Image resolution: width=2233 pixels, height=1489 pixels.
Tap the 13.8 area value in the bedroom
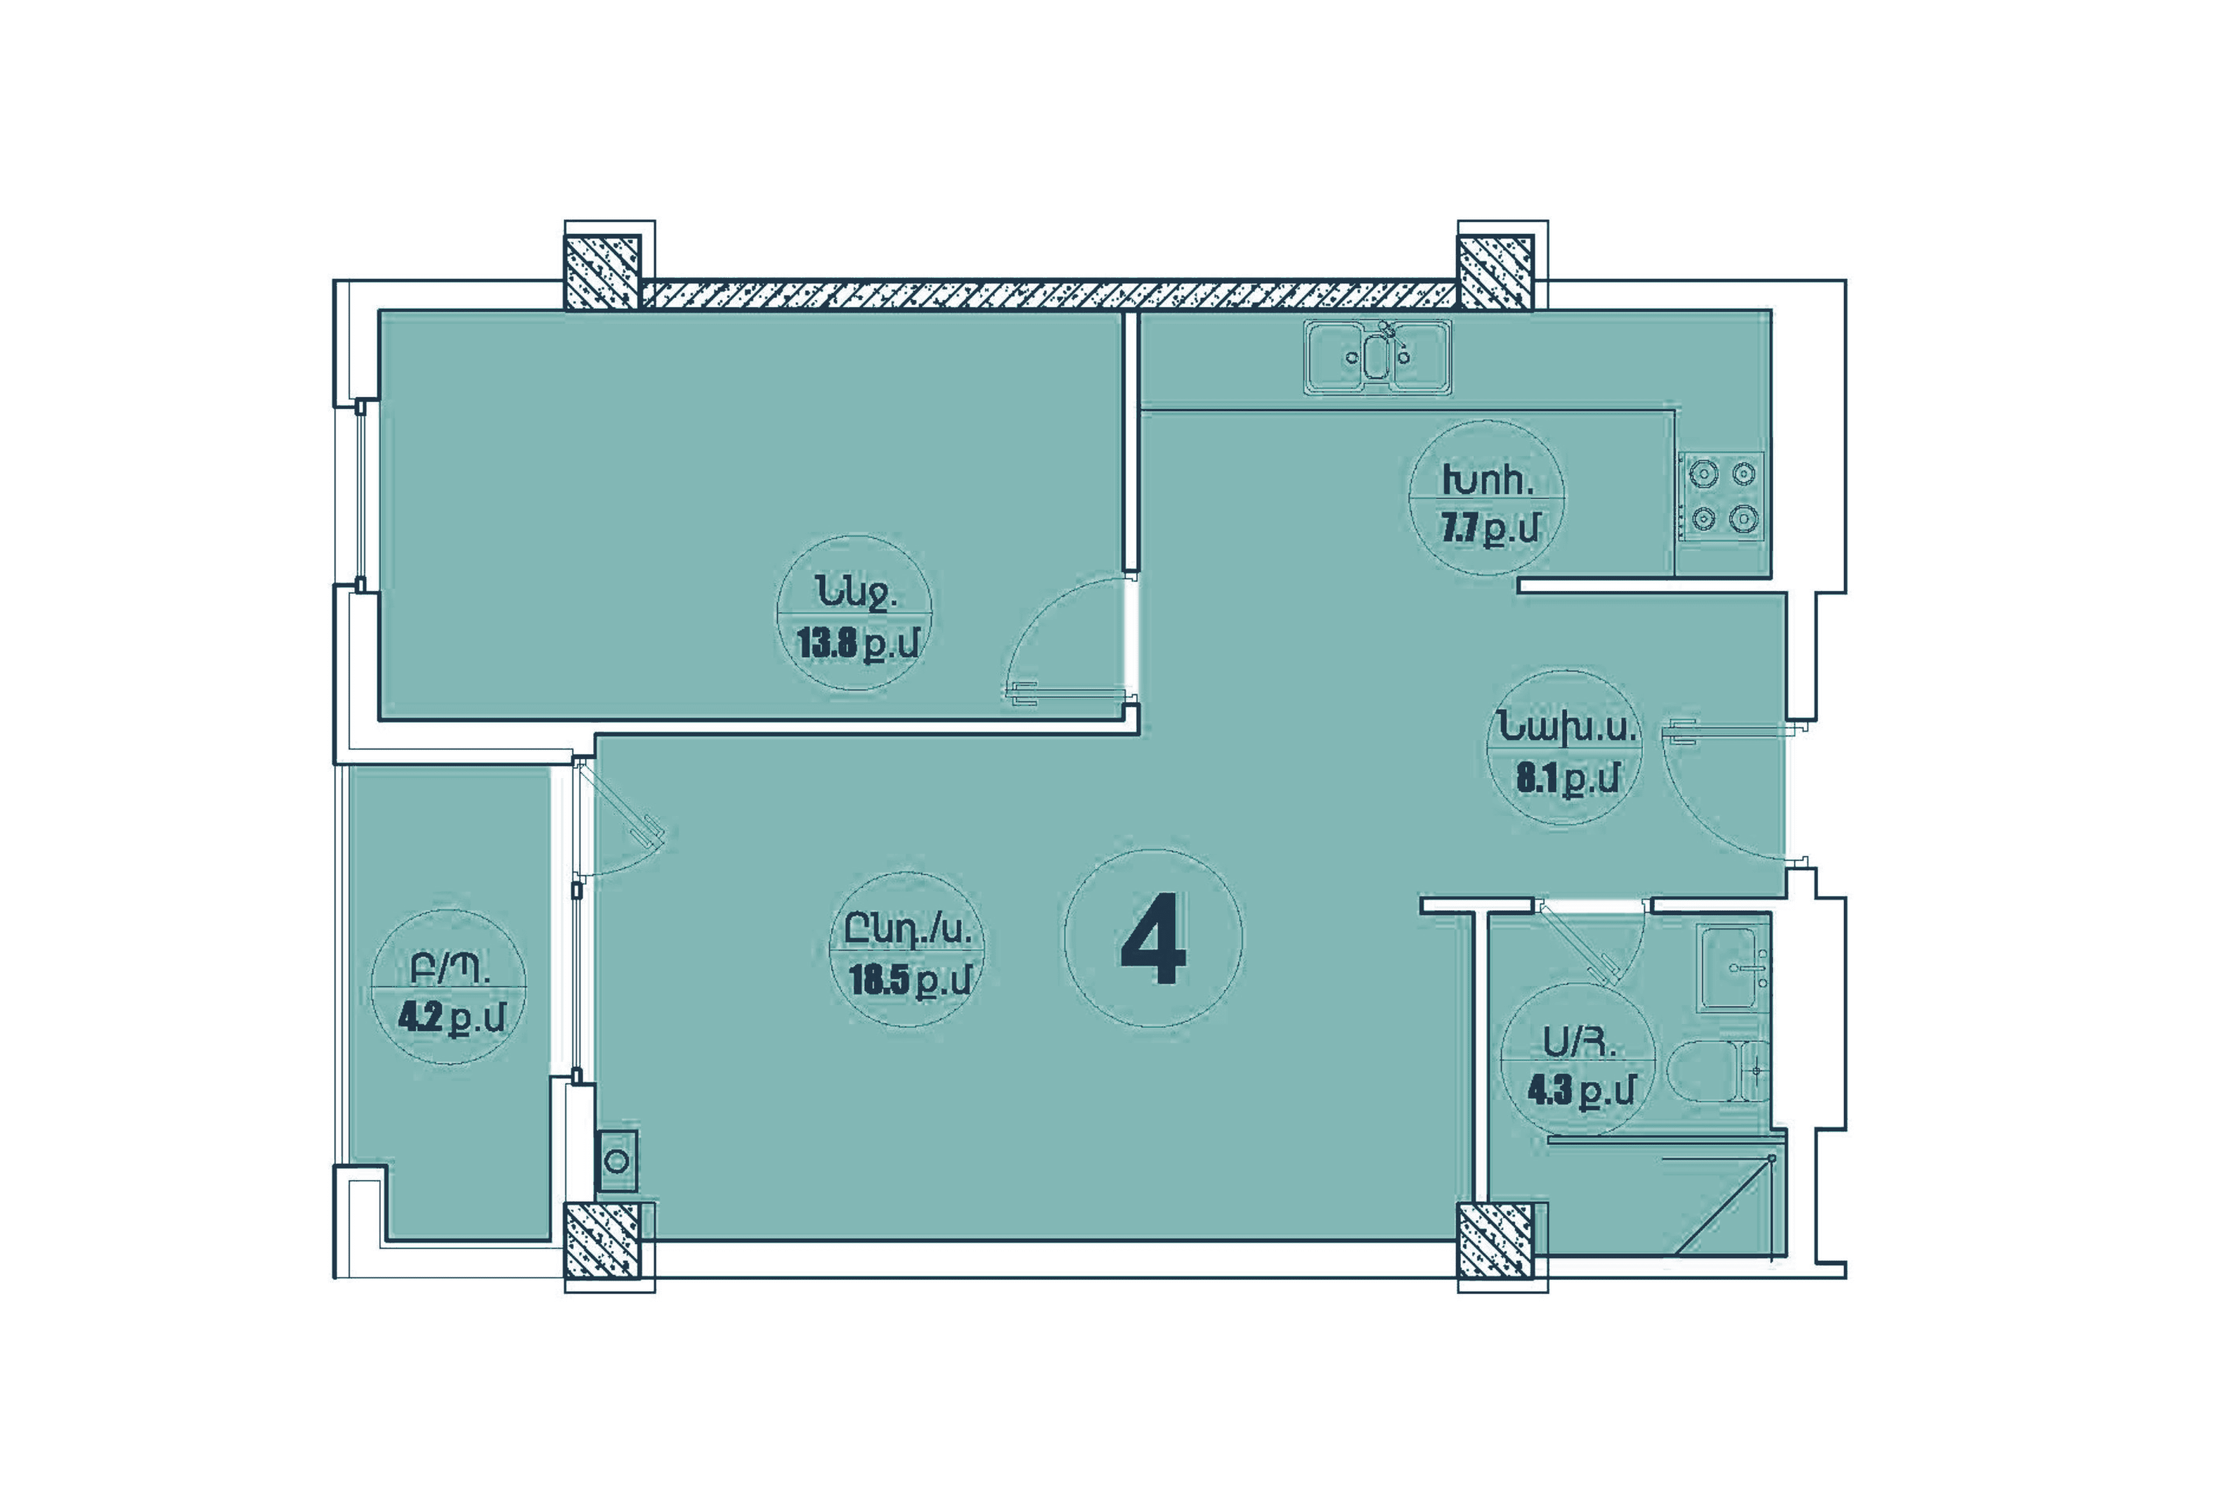(828, 645)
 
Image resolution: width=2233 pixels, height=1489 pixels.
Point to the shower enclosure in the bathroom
(1667, 1196)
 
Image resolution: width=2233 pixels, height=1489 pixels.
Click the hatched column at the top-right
(1495, 273)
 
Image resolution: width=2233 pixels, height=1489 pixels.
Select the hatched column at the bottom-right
(1495, 1240)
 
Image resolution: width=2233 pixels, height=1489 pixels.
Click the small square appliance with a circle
(617, 1160)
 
